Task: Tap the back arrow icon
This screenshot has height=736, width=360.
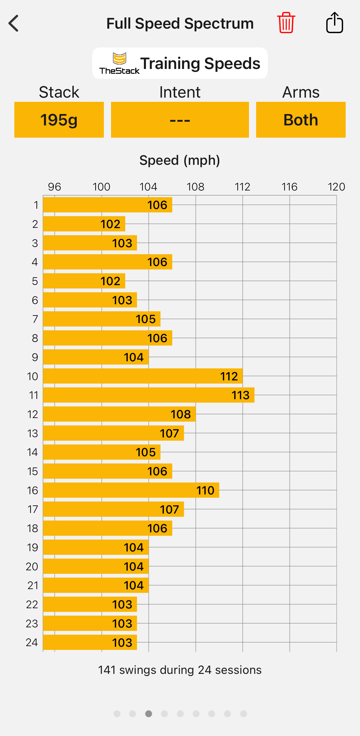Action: [14, 23]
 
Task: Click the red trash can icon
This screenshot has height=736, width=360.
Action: [286, 23]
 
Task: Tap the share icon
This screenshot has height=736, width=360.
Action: [334, 23]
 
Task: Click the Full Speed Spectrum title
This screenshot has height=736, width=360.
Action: [180, 24]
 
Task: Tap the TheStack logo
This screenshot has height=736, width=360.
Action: [119, 63]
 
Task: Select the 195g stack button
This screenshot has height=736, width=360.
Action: [59, 120]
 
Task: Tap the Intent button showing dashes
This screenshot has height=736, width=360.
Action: [180, 120]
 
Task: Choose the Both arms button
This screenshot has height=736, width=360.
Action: [301, 120]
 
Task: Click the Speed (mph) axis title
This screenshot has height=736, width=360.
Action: [180, 160]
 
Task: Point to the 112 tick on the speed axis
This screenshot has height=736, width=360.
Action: [242, 187]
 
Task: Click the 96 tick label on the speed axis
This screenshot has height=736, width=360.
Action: [54, 187]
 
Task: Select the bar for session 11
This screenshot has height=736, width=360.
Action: [148, 395]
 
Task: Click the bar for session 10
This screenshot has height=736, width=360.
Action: [143, 376]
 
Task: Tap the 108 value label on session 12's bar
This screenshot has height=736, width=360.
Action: [181, 414]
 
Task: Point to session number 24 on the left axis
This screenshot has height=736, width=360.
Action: [32, 642]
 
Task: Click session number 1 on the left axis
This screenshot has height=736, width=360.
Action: [36, 205]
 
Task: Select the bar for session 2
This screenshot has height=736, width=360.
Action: [84, 224]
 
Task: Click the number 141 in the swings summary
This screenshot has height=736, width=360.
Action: [107, 670]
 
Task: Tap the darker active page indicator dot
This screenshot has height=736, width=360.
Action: [149, 714]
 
